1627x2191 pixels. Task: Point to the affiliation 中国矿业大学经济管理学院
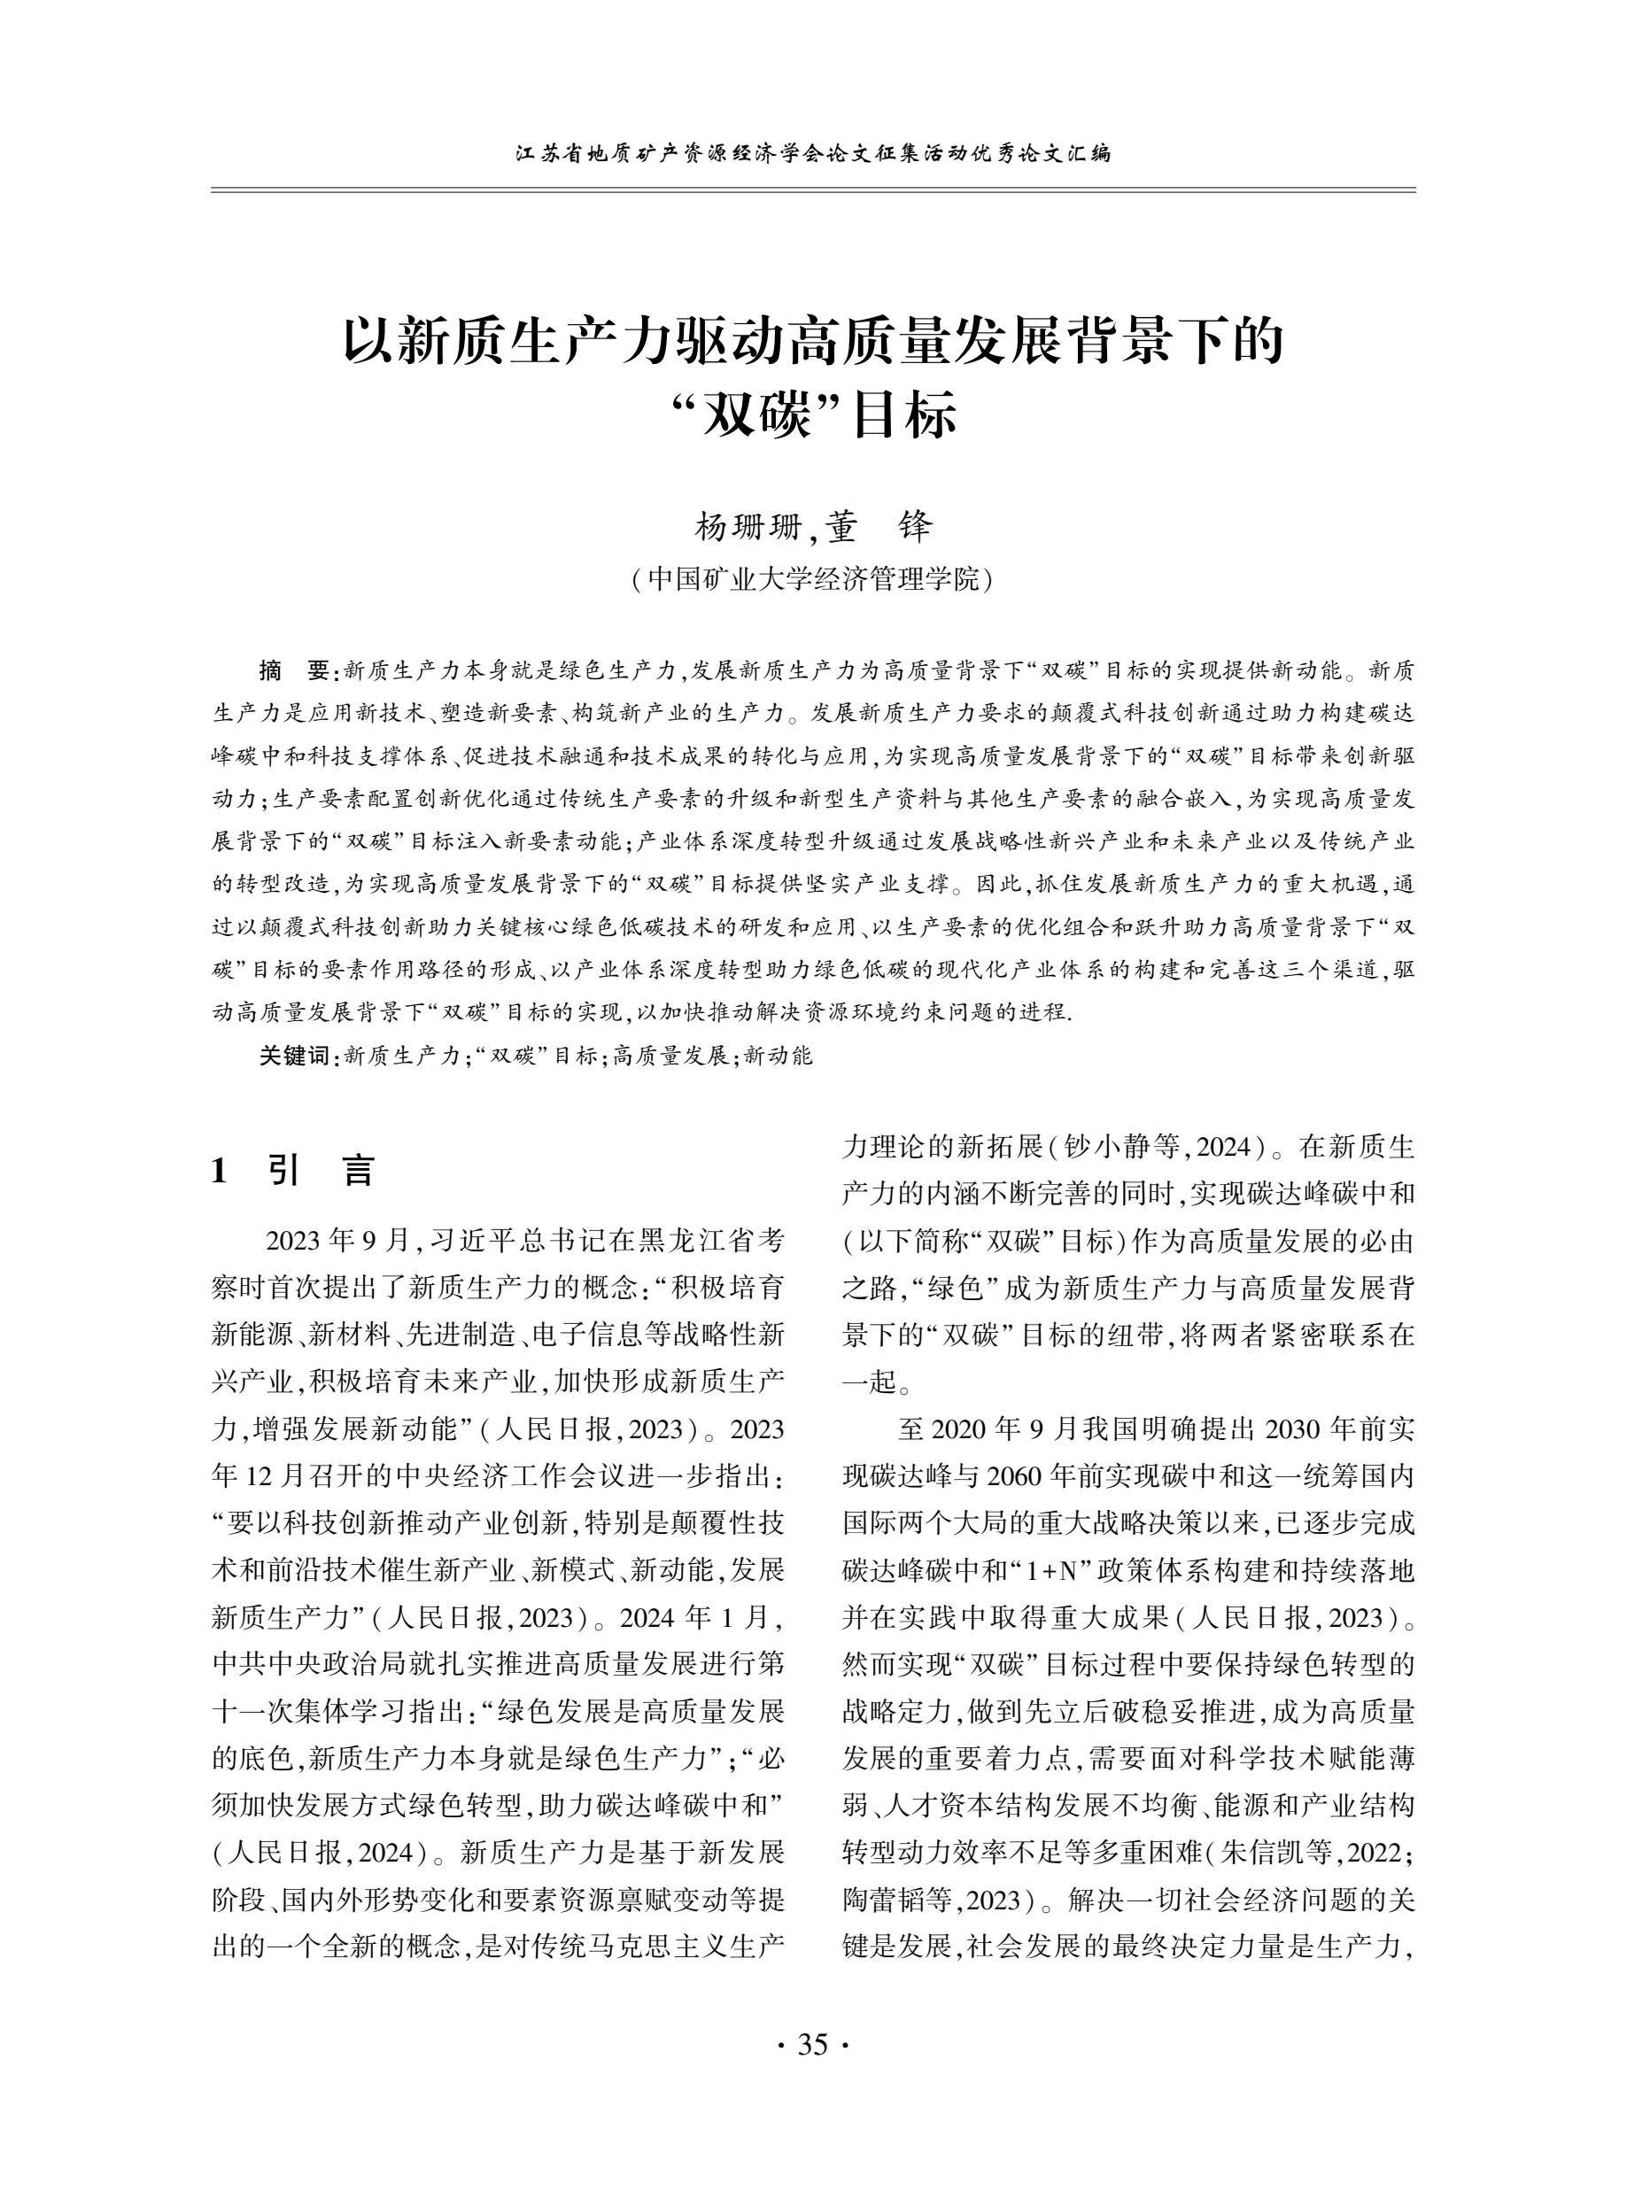813,580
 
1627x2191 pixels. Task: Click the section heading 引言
322,1171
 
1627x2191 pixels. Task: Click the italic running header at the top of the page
813,153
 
